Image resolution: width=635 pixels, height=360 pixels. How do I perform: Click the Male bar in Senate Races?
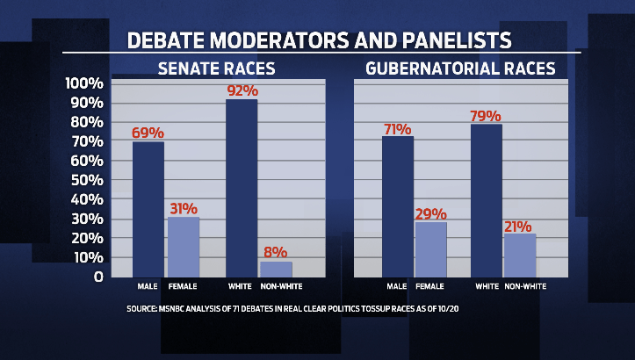pos(148,209)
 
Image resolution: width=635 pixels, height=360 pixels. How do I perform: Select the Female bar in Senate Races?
pos(183,247)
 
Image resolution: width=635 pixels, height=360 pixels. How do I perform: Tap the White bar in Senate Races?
pos(242,188)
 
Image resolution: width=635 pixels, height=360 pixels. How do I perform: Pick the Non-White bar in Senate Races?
pos(275,269)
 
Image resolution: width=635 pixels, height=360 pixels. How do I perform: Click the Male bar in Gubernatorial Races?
pos(398,206)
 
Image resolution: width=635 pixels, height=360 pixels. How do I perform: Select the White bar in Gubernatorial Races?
pos(487,200)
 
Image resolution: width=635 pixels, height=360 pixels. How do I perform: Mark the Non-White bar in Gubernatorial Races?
pos(519,255)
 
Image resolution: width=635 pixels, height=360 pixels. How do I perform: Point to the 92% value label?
pos(242,90)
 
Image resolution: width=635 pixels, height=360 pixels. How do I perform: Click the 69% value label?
pos(148,133)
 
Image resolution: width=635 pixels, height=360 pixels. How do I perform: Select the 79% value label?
pos(486,116)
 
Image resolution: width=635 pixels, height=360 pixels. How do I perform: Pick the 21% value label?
pos(520,227)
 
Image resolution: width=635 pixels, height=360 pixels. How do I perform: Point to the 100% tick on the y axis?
pos(84,83)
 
